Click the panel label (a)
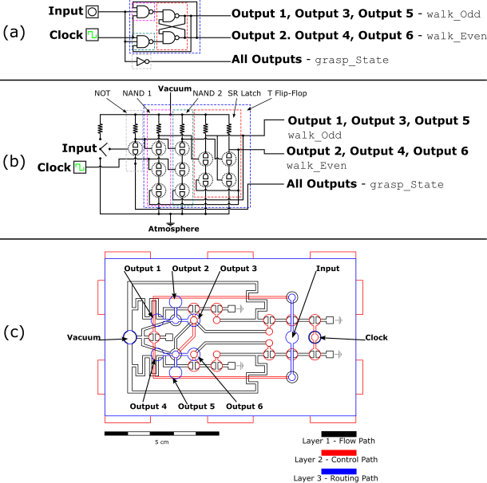16,33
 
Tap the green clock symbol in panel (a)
93,36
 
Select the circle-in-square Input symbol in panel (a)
93,11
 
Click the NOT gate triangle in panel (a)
141,61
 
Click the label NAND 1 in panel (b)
137,92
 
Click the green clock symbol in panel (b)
80,168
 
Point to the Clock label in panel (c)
376,337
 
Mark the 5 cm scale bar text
162,442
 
